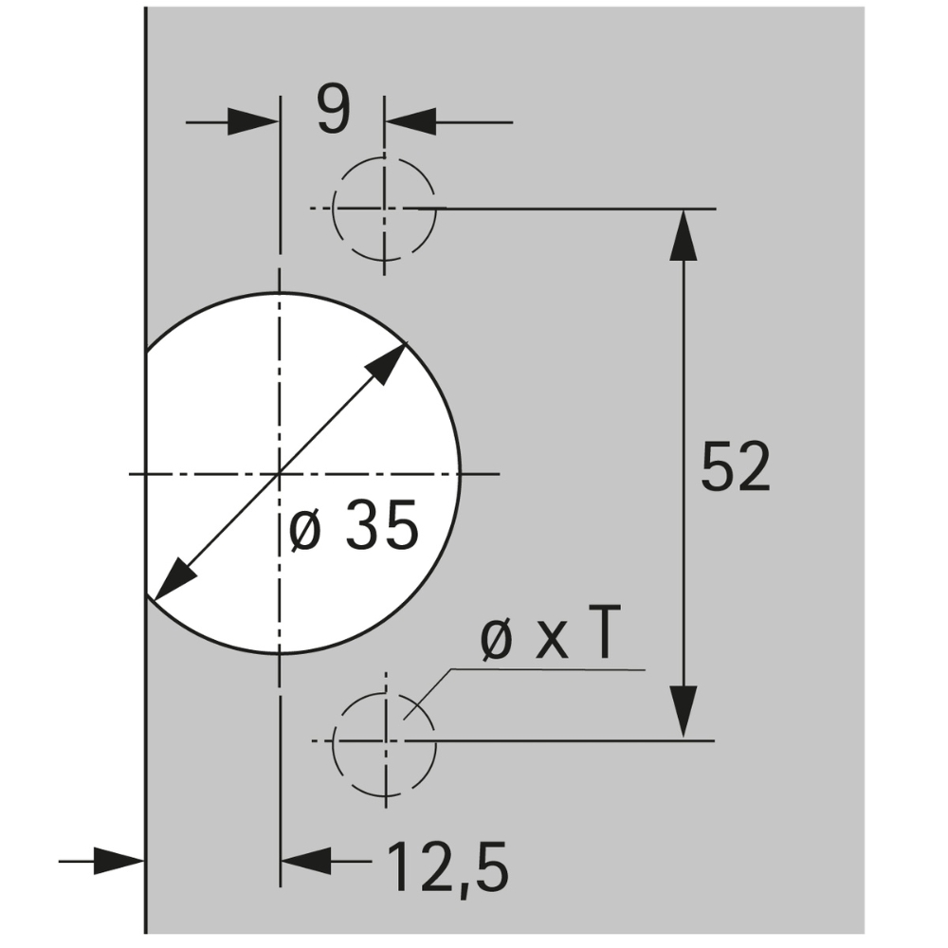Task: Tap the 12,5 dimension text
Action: point(446,866)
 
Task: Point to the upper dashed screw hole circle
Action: point(384,208)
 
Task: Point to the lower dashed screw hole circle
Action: point(384,739)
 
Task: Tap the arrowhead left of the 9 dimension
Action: point(254,122)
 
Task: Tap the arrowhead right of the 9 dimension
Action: point(410,122)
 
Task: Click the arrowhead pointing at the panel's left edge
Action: point(121,861)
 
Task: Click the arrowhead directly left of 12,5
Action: point(307,861)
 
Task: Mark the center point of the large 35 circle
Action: point(280,472)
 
